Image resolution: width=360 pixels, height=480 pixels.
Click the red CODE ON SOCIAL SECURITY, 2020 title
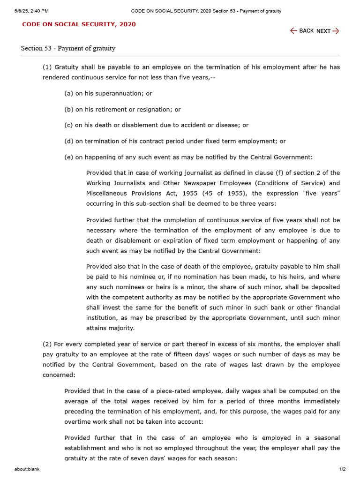tap(79, 24)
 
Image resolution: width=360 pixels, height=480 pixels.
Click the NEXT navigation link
tap(328, 31)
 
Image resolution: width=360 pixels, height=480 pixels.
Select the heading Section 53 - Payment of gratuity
tap(68, 48)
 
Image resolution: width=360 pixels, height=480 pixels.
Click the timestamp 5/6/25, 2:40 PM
tap(31, 11)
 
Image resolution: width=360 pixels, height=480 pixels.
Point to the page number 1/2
tap(342, 469)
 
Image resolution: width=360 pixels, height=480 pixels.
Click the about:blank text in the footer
tap(27, 469)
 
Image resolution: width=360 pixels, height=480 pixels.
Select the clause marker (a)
tap(69, 93)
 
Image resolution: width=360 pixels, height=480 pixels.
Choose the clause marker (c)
tap(68, 125)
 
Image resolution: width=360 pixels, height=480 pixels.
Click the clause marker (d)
tap(69, 141)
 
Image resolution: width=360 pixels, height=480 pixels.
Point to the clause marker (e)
tap(69, 157)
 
